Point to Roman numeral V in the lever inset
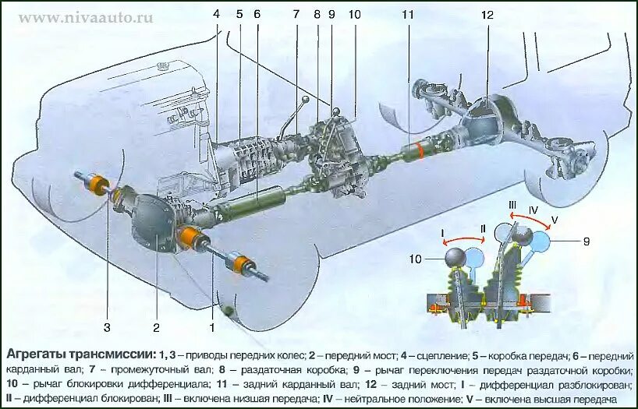click(x=555, y=217)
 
